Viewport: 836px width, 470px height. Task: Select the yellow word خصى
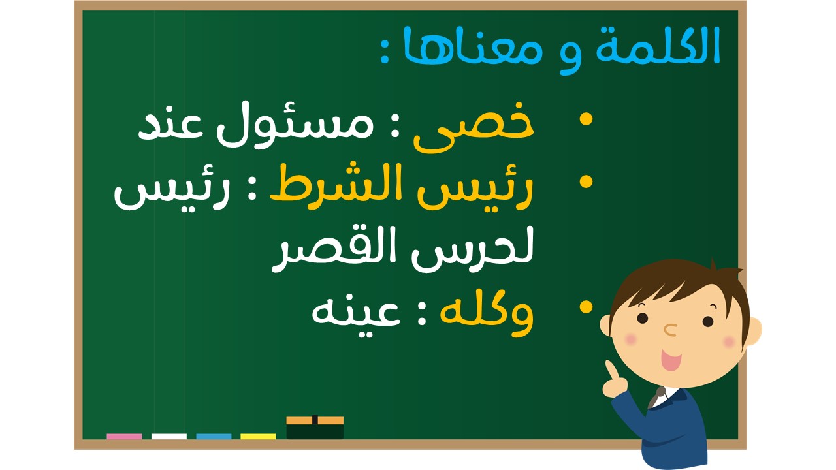click(x=474, y=127)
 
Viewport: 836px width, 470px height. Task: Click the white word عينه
click(x=357, y=315)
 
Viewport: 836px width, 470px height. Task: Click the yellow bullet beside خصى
click(x=586, y=119)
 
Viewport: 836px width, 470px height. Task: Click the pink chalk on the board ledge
click(x=124, y=437)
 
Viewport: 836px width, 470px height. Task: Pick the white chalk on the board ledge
click(x=169, y=437)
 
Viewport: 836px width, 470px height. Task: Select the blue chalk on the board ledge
click(x=214, y=437)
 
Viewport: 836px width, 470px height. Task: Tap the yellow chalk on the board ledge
click(x=258, y=437)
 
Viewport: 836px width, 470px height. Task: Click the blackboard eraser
click(x=315, y=428)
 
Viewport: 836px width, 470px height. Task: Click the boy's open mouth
click(x=671, y=360)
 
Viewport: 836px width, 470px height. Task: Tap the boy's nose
click(x=670, y=330)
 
